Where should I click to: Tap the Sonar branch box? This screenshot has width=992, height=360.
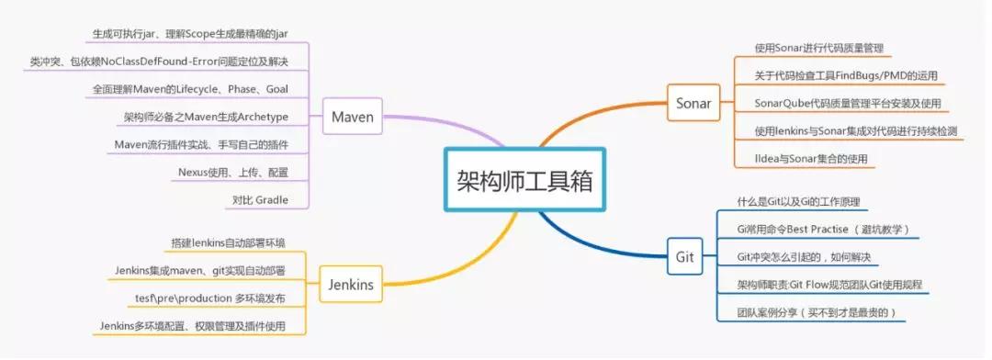coord(693,103)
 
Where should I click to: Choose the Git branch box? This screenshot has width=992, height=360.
coord(684,256)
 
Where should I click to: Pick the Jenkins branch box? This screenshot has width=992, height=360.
coord(350,284)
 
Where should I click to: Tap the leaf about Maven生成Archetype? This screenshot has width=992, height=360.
coord(206,117)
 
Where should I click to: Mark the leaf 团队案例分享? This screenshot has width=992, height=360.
coord(816,312)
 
